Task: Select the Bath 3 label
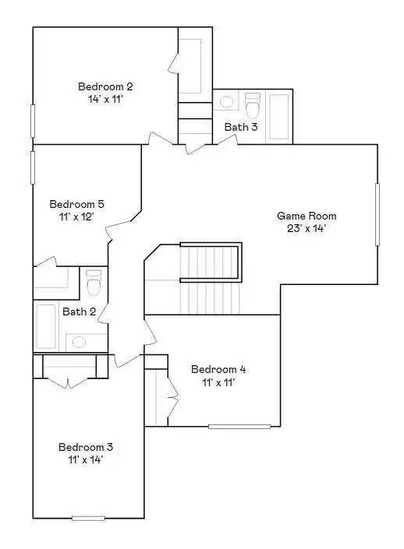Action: click(x=241, y=127)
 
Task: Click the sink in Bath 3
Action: click(x=226, y=101)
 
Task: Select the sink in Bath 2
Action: click(x=78, y=340)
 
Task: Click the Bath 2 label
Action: click(x=79, y=312)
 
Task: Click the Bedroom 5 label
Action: click(x=76, y=204)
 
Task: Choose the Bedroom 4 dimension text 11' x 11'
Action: click(x=218, y=382)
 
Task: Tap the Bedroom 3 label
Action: click(x=86, y=447)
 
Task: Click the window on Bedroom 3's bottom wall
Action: click(x=88, y=518)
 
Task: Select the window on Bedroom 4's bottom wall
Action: click(x=239, y=426)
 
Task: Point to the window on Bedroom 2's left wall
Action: click(x=33, y=121)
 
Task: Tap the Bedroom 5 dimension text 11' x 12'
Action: click(x=76, y=216)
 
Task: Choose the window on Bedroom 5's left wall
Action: click(x=33, y=167)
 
